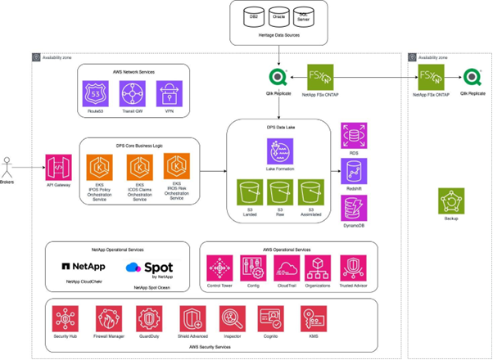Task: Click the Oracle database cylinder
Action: pos(280,16)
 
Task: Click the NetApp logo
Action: pos(84,266)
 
